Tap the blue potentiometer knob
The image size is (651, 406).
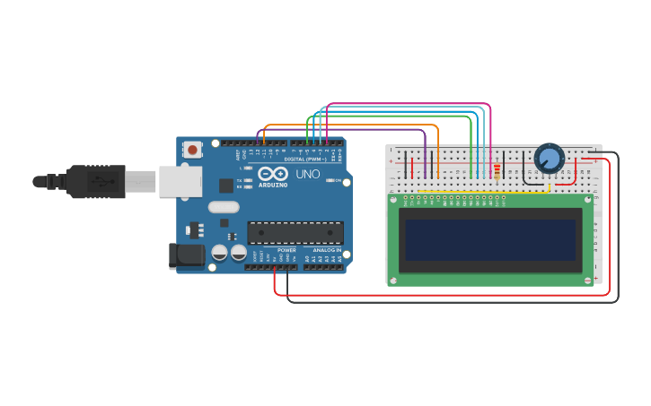(x=549, y=159)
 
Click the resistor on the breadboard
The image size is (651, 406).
(x=497, y=170)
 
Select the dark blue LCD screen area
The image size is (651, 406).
(x=491, y=240)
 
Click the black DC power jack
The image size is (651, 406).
(x=187, y=255)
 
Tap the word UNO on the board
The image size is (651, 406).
(x=308, y=174)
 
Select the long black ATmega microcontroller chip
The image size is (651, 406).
(x=295, y=233)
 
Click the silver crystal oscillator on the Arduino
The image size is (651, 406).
(x=224, y=207)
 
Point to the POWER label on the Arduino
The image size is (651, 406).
(x=286, y=250)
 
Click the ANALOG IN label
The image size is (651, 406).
(x=326, y=250)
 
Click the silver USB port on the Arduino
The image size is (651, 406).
(x=180, y=180)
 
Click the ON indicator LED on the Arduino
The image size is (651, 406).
(x=331, y=180)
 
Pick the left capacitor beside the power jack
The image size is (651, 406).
(x=219, y=253)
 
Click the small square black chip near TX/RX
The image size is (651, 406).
(x=226, y=186)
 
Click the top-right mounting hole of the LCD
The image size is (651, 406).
(x=587, y=199)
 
